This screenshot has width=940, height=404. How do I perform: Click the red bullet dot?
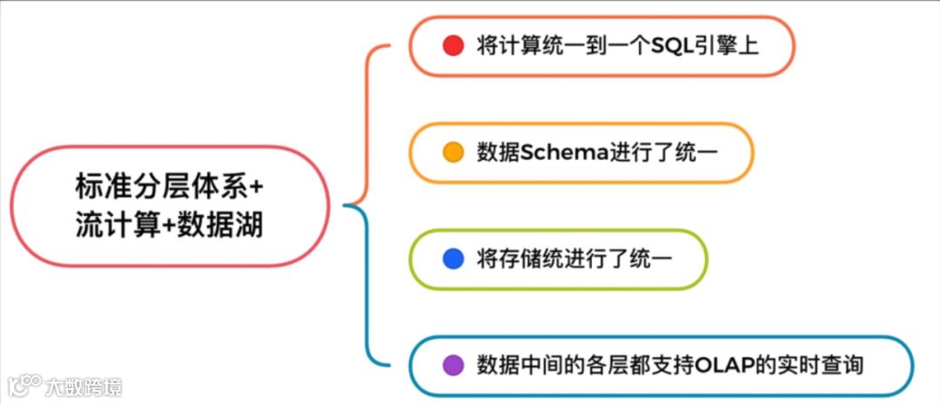pyautogui.click(x=453, y=45)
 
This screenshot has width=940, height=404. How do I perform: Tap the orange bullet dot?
pyautogui.click(x=453, y=151)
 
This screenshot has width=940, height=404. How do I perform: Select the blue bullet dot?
pyautogui.click(x=453, y=259)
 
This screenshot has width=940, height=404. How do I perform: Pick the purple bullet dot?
pyautogui.click(x=453, y=366)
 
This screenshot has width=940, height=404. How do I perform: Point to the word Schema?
pyautogui.click(x=553, y=151)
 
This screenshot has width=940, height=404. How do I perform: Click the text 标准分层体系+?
pyautogui.click(x=169, y=188)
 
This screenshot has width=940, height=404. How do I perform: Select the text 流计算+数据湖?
pyautogui.click(x=169, y=226)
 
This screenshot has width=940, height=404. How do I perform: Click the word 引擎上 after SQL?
pyautogui.click(x=728, y=45)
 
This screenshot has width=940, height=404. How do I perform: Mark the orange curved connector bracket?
pyautogui.click(x=369, y=122)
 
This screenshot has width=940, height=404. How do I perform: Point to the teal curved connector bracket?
pyautogui.click(x=369, y=287)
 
